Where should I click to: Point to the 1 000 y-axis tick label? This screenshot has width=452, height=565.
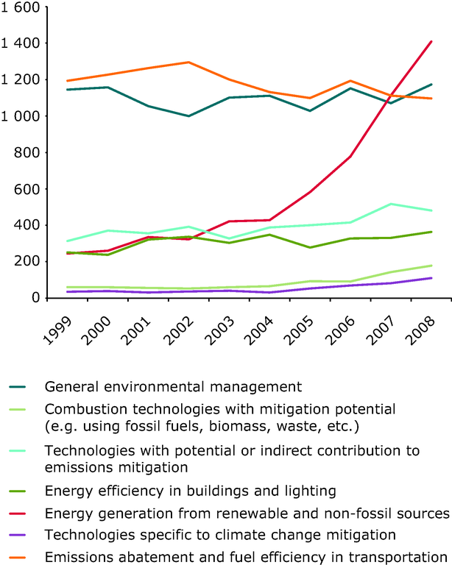point(20,116)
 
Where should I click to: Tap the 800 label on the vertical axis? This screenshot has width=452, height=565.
point(27,152)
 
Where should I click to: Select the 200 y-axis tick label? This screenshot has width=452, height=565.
point(27,261)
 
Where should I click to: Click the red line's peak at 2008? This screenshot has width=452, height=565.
point(431,41)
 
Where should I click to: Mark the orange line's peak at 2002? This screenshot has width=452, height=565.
point(189,62)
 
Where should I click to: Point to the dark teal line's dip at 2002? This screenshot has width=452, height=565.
point(189,116)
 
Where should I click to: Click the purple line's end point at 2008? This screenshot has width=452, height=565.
point(431,278)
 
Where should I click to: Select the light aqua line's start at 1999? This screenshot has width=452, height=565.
point(68,241)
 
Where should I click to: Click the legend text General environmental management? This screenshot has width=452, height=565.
point(163,385)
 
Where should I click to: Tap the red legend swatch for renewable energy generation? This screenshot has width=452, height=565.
point(19,511)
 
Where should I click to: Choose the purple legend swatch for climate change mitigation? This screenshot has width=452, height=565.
point(19,534)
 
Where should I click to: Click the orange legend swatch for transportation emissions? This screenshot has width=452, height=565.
point(19,556)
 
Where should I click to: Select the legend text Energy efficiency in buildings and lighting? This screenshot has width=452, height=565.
point(171,489)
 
